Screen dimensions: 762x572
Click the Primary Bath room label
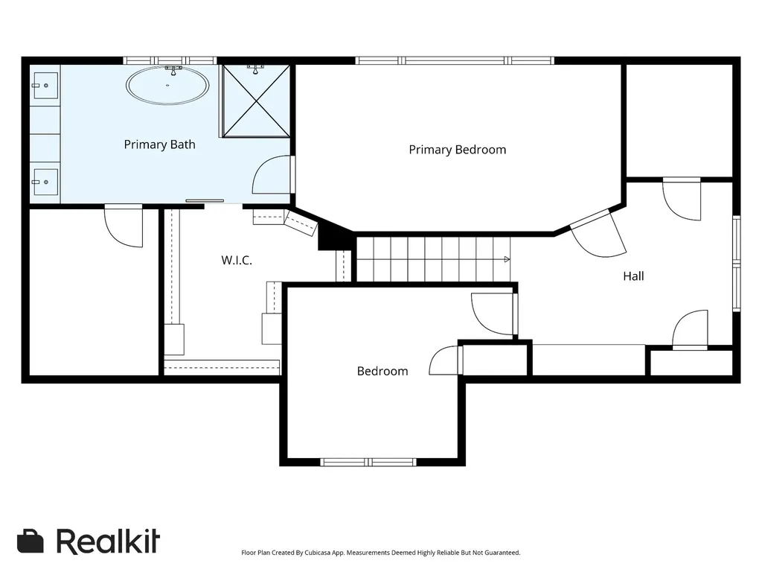[159, 144]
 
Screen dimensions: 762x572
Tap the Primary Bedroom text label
[458, 149]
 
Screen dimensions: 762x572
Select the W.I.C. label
[237, 260]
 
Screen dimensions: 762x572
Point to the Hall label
[633, 276]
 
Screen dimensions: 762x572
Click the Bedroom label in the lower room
[382, 371]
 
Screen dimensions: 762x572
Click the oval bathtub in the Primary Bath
[167, 85]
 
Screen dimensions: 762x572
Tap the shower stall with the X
[256, 101]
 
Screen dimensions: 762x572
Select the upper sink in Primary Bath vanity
[45, 86]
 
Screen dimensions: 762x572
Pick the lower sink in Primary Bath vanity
[45, 182]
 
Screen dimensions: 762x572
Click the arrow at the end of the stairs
[507, 259]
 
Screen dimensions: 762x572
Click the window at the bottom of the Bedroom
[368, 462]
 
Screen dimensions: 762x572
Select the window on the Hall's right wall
[737, 263]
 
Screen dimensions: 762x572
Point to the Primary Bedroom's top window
[455, 60]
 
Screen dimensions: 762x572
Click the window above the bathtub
[170, 60]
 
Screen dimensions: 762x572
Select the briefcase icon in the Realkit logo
[30, 541]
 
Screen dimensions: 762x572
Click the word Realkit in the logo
[108, 541]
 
